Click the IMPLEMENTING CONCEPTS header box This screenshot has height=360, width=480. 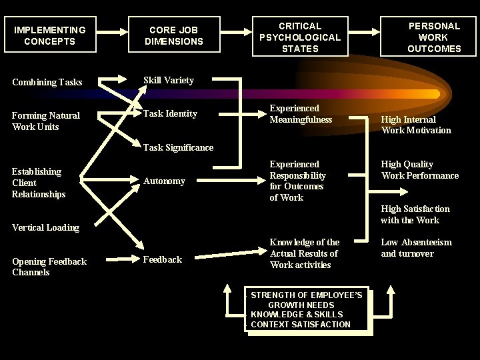[x=49, y=35]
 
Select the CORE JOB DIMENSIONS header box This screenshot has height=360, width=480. [x=173, y=35]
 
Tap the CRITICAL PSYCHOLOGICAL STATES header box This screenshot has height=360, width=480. [x=299, y=37]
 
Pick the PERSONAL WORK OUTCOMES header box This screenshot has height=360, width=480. [x=434, y=37]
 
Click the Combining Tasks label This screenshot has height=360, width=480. [x=47, y=83]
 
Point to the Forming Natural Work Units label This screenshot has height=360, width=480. [x=46, y=121]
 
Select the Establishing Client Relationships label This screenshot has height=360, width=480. [x=39, y=183]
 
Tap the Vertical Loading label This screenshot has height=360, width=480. [x=45, y=227]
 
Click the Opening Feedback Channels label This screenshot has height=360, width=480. [x=49, y=267]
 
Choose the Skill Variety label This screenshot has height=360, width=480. [x=169, y=81]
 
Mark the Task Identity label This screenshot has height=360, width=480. [x=171, y=114]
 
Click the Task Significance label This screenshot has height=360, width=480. [x=179, y=147]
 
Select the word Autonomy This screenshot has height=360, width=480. [x=165, y=181]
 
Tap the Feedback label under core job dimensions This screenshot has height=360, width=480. [x=163, y=260]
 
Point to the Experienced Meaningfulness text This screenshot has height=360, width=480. [x=301, y=114]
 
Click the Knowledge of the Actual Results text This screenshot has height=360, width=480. [x=305, y=253]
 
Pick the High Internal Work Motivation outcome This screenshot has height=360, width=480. [x=416, y=125]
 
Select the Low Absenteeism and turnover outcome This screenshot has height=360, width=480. [x=416, y=248]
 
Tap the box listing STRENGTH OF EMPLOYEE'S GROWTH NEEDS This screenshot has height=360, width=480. [x=306, y=310]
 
